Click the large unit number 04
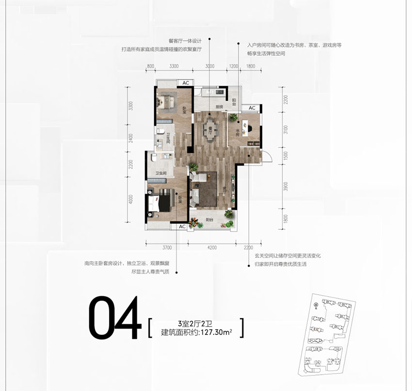pyautogui.click(x=114, y=318)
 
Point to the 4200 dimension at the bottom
pyautogui.click(x=212, y=247)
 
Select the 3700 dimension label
pyautogui.click(x=167, y=247)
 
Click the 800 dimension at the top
pyautogui.click(x=150, y=66)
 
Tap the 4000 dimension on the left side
pyautogui.click(x=130, y=200)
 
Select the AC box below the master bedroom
pyautogui.click(x=182, y=226)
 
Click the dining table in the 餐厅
pyautogui.click(x=210, y=129)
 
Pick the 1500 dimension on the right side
pyautogui.click(x=286, y=156)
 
